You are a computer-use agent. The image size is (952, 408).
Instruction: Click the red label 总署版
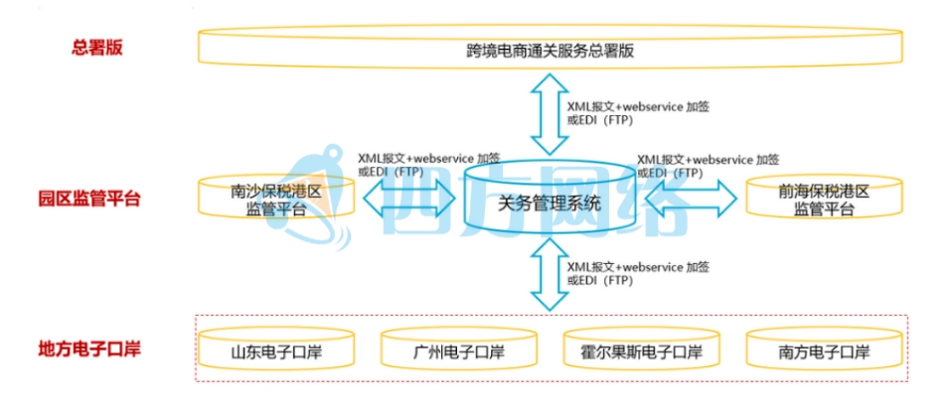point(96,48)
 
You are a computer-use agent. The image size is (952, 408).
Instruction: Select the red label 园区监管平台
point(96,199)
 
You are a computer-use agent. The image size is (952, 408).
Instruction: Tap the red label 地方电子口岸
point(96,349)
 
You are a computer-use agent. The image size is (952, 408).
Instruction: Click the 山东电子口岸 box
point(275,352)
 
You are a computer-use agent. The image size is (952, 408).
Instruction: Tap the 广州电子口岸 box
point(458,352)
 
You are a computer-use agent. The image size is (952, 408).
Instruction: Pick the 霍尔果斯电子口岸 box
point(641,352)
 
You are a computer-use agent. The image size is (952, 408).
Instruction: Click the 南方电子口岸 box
point(824,352)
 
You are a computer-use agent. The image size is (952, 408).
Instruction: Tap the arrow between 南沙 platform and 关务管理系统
point(408,199)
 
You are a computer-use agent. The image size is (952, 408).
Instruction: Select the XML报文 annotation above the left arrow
point(428,164)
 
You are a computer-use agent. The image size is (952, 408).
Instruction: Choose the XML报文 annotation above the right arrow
point(708,164)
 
